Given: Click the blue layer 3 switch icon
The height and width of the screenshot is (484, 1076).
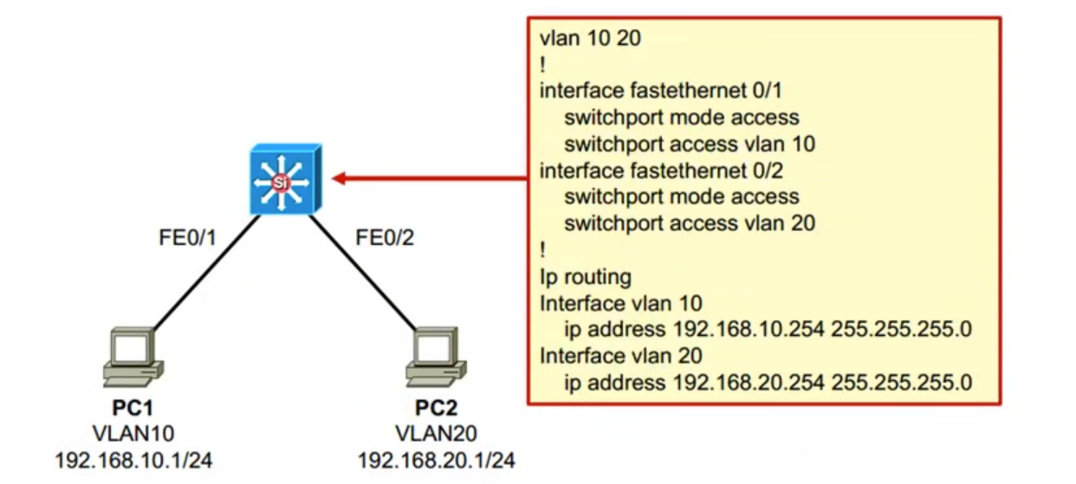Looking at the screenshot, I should point(282,180).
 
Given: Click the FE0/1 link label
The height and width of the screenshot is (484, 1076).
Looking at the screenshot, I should point(187,238).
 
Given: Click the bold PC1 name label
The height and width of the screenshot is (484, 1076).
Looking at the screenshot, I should point(133,408).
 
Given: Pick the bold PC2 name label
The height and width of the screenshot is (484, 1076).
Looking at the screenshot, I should point(436,408).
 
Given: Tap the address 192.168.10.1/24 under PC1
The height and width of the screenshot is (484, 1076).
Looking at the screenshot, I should point(133,459).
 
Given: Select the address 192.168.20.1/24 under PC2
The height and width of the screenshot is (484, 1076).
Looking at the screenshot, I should point(436,459).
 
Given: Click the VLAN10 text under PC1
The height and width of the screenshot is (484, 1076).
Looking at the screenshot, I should point(133,433).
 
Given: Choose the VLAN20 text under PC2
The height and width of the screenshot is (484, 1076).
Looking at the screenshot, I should point(436,433).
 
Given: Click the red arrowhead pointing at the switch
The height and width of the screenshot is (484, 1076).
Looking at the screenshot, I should point(340,179).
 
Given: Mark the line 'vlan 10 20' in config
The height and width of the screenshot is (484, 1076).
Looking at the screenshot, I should point(590,38).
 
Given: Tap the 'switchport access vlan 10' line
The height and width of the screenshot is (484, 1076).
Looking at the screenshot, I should point(690,144).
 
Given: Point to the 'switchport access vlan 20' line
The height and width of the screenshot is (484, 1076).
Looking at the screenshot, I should point(690,223).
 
